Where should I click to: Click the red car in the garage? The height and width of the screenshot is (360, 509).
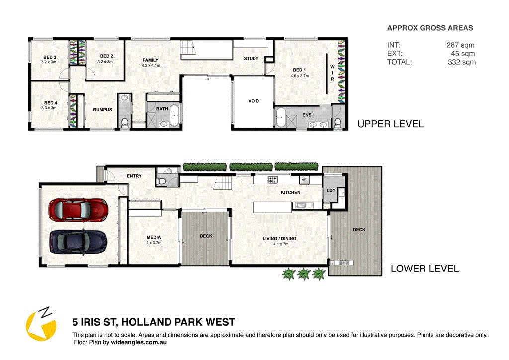tap(78, 210)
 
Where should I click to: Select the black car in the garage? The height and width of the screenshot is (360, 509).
tap(78, 242)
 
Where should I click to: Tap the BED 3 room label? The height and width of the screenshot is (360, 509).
tap(49, 57)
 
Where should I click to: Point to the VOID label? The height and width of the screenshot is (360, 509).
tap(254, 101)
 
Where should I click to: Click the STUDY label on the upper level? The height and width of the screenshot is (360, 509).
tap(251, 58)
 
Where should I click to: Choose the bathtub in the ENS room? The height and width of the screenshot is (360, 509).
tap(281, 118)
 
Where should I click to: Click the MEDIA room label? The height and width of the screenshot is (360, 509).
tap(153, 237)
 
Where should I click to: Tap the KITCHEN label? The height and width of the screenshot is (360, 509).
tap(290, 192)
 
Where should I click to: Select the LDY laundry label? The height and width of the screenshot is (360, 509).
tap(331, 190)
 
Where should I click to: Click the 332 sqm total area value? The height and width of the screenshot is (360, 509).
tap(461, 62)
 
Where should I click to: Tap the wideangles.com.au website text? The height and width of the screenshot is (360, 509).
tap(138, 342)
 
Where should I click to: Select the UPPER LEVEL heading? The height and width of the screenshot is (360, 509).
tap(390, 124)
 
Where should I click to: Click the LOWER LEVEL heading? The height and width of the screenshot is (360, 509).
tap(424, 269)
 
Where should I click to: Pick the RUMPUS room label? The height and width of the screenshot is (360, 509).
tap(102, 110)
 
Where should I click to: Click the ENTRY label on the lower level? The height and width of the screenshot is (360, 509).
tap(134, 176)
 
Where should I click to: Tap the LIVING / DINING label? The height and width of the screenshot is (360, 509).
tap(279, 239)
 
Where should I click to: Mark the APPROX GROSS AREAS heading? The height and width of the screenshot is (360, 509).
tap(430, 28)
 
